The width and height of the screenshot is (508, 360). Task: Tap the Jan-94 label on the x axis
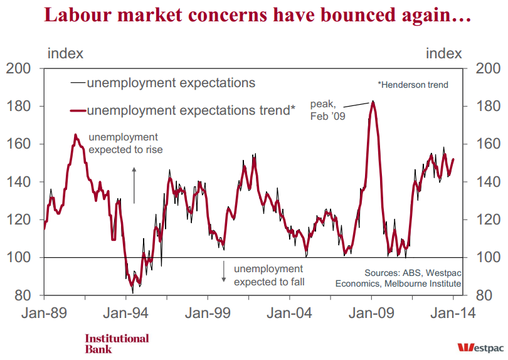pyautogui.click(x=125, y=314)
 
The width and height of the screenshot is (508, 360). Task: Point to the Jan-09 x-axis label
pyautogui.click(x=371, y=314)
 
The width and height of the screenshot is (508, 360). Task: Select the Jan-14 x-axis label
pyautogui.click(x=453, y=314)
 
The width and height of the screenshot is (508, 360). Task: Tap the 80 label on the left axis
pyautogui.click(x=23, y=295)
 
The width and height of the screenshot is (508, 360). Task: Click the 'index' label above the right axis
pyautogui.click(x=443, y=53)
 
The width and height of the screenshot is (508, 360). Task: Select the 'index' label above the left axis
pyautogui.click(x=65, y=53)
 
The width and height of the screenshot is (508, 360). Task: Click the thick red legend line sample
pyautogui.click(x=78, y=111)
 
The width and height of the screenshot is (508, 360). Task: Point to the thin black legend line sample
pyautogui.click(x=78, y=83)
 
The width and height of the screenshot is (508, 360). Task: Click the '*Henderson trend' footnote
pyautogui.click(x=413, y=85)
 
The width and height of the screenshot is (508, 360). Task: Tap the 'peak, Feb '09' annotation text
pyautogui.click(x=327, y=110)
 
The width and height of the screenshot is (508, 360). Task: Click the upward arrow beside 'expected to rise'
pyautogui.click(x=134, y=186)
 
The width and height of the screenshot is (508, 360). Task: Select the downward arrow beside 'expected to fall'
pyautogui.click(x=223, y=271)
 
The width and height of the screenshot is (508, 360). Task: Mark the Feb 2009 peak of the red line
pyautogui.click(x=373, y=102)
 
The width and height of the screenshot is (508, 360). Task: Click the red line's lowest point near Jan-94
pyautogui.click(x=132, y=285)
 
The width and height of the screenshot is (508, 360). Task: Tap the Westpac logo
pyautogui.click(x=480, y=347)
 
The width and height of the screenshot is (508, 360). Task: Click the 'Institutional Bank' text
pyautogui.click(x=117, y=344)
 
